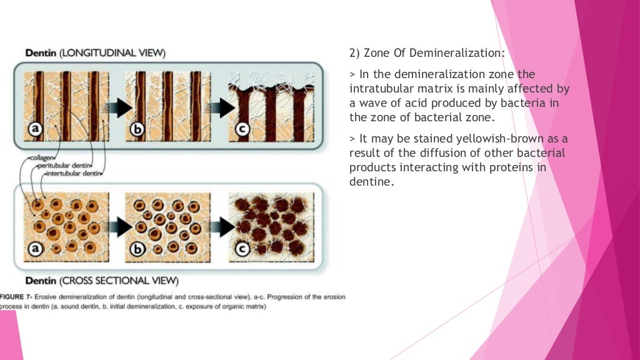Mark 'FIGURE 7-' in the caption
click(x=18, y=296)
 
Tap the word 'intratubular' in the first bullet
click(x=377, y=89)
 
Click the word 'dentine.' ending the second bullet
click(x=372, y=182)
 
